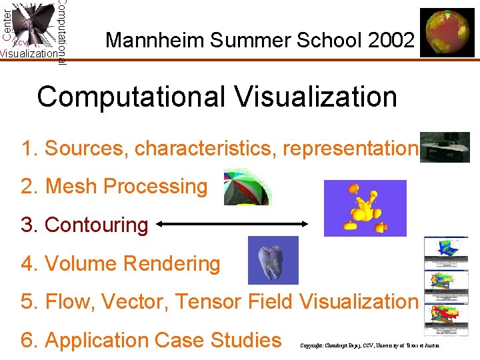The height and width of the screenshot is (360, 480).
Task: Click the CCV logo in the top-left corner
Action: point(33,30)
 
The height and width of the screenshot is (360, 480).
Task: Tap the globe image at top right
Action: point(447,34)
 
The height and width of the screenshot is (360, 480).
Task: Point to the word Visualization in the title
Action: point(315,97)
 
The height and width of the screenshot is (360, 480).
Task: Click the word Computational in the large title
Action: point(132,97)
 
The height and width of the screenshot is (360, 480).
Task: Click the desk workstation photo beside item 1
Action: point(446,147)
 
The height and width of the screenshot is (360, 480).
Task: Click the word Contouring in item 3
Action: point(96,225)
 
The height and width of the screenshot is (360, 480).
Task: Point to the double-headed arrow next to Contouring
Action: point(231,226)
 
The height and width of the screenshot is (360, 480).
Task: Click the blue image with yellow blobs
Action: point(365,208)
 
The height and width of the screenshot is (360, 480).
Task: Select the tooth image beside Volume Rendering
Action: point(273,261)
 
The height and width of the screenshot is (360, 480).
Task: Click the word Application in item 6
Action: point(106,340)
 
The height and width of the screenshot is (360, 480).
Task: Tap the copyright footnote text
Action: point(369,346)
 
